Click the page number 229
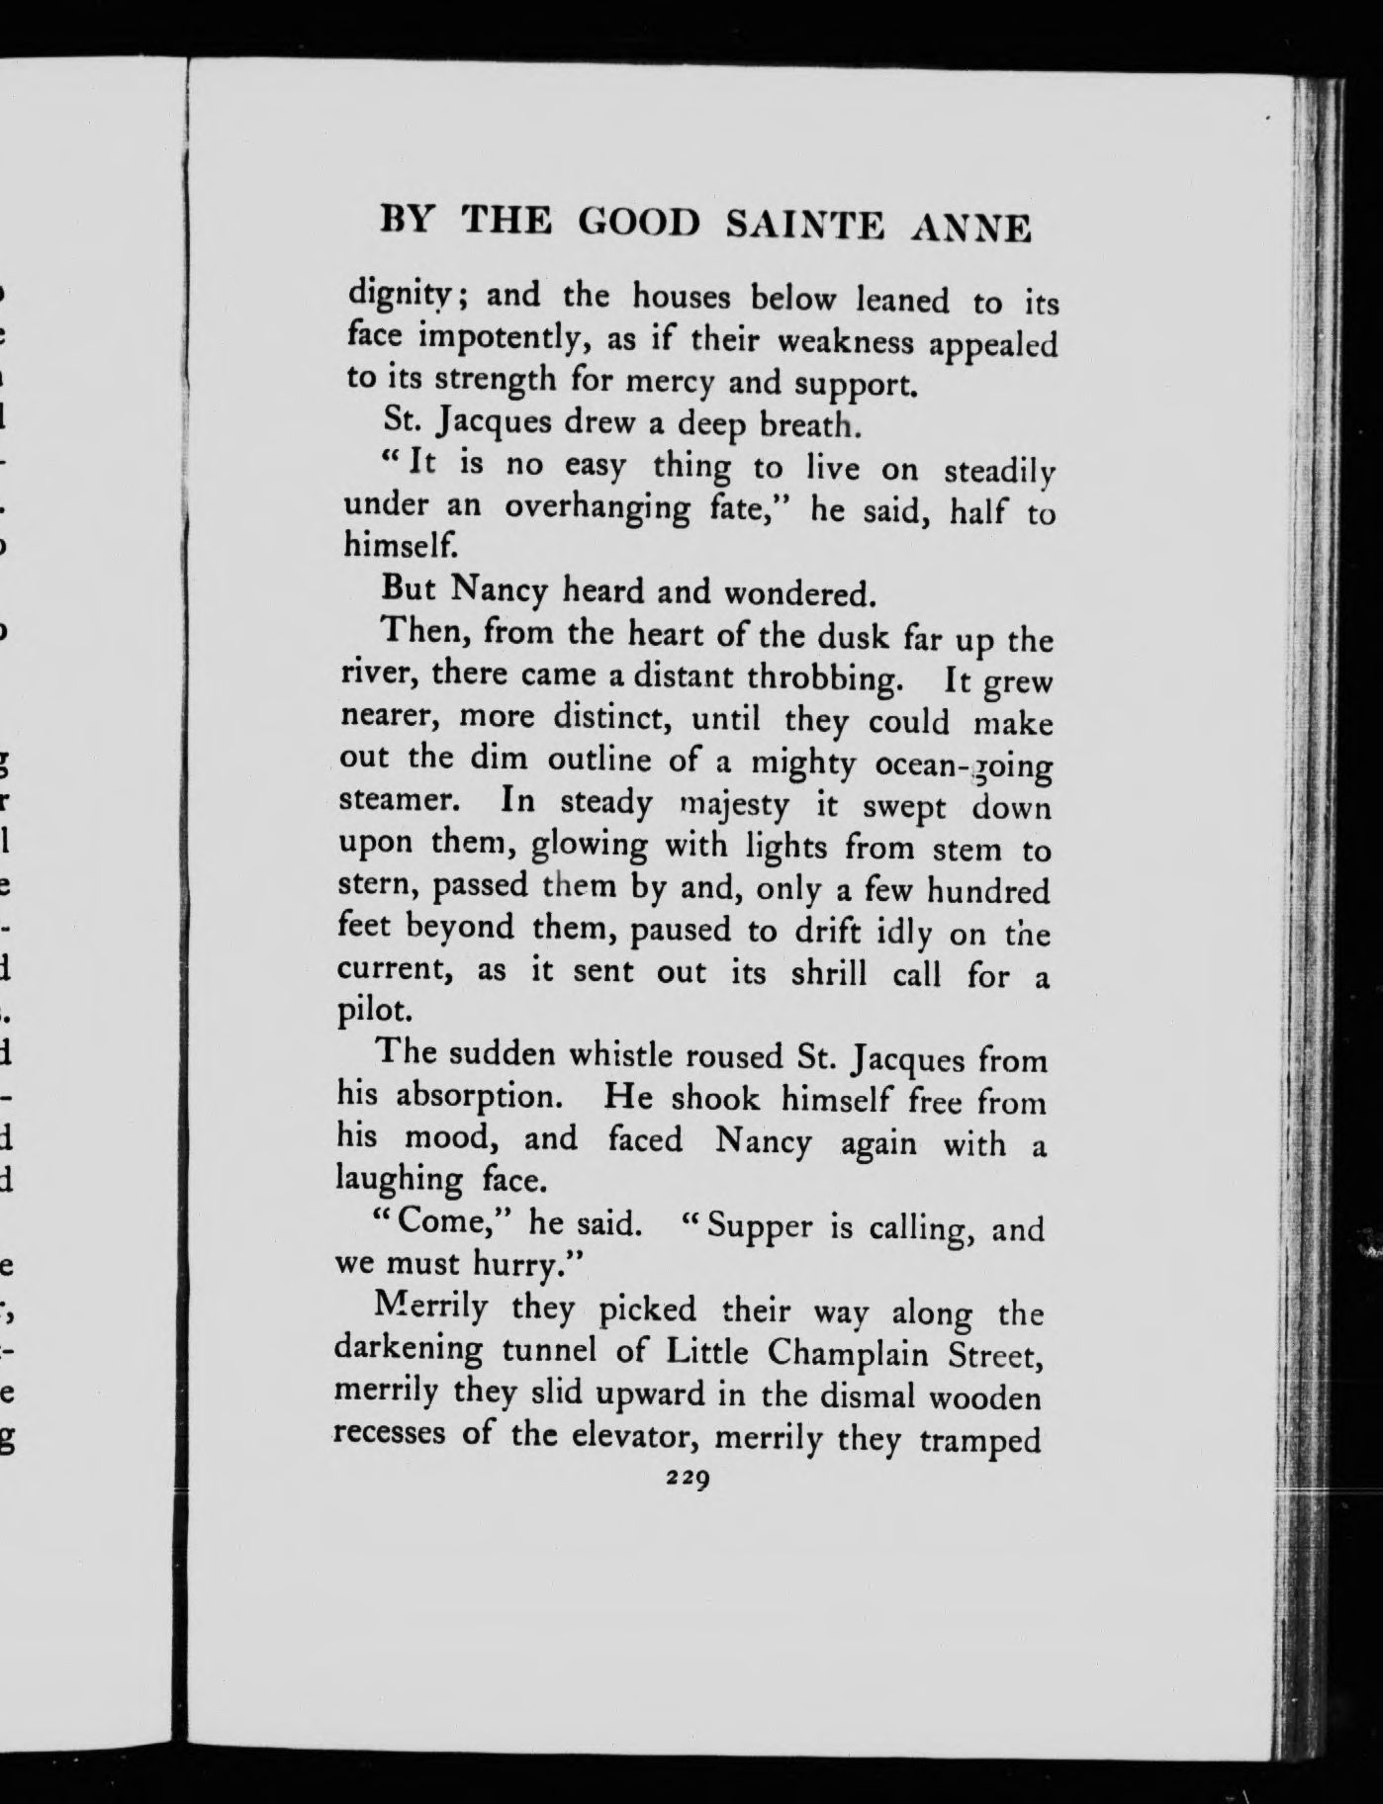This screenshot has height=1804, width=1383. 690,1479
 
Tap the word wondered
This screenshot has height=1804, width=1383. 800,593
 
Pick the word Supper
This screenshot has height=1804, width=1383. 760,1226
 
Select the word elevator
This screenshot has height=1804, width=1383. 633,1436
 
